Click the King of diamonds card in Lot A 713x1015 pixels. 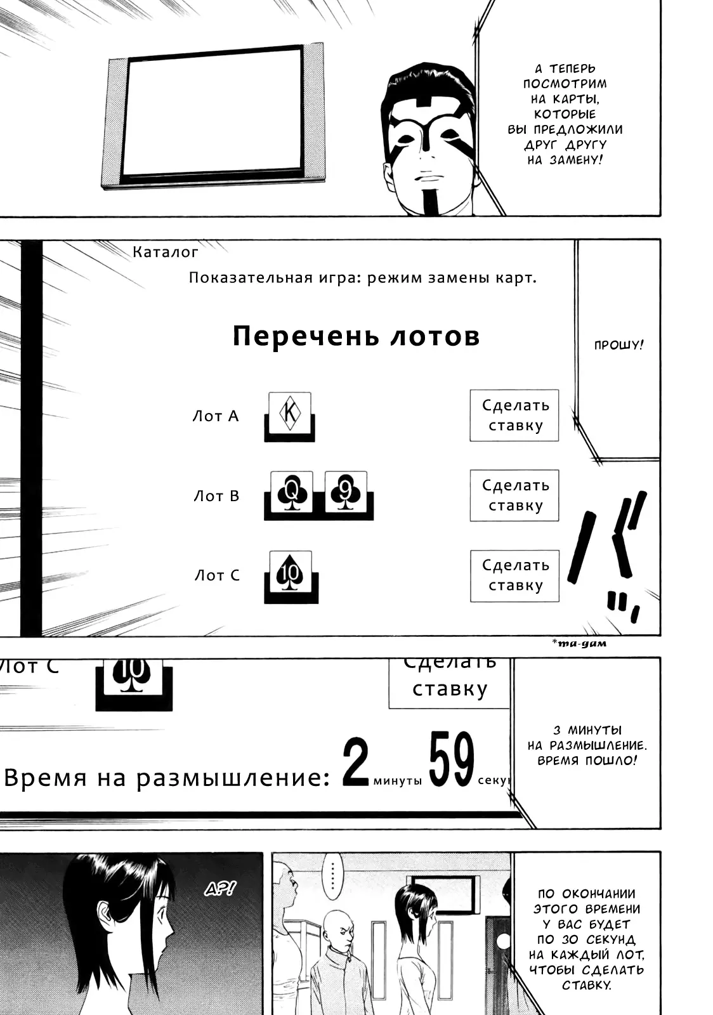click(290, 412)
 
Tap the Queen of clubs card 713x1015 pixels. click(292, 491)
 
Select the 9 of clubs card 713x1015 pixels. click(346, 491)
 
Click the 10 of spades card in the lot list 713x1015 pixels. click(291, 571)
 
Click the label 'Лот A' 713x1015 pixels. click(216, 416)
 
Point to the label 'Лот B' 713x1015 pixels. click(216, 495)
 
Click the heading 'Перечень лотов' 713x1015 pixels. click(356, 336)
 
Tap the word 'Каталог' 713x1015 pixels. click(166, 252)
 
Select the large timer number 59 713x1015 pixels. click(451, 759)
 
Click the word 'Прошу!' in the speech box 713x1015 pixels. click(618, 346)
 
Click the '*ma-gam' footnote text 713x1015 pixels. click(579, 643)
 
